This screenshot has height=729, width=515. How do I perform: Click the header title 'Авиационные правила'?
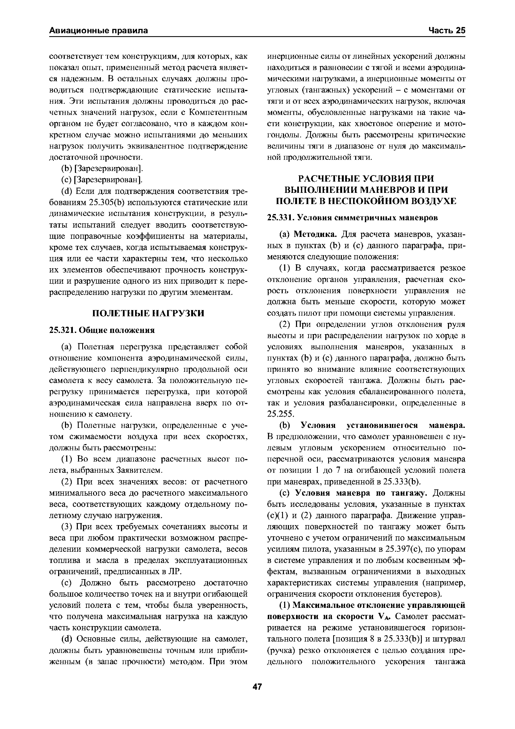tap(99, 31)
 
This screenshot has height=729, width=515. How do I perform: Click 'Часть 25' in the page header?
tap(446, 31)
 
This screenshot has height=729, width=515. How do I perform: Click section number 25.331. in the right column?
tap(281, 218)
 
